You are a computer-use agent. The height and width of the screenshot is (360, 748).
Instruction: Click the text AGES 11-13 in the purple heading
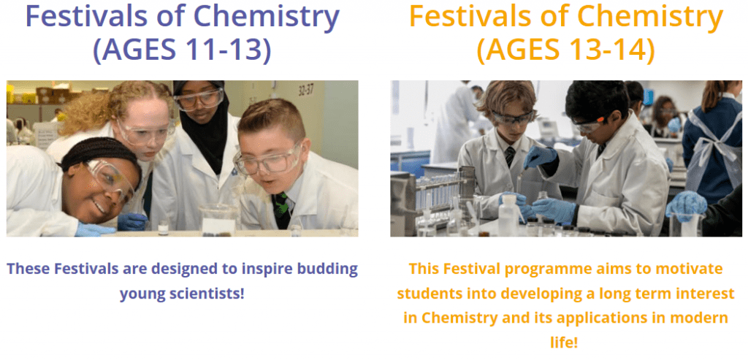click(x=182, y=49)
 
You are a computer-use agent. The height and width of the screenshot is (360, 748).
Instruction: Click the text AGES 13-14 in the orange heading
click(x=566, y=49)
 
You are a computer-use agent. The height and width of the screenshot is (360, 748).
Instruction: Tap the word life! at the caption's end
click(x=566, y=342)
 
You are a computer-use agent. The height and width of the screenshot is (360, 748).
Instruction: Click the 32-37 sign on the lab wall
click(x=306, y=90)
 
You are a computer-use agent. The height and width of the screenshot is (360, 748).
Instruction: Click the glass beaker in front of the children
click(x=218, y=219)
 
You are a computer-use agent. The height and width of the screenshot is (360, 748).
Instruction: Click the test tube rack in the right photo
click(x=439, y=191)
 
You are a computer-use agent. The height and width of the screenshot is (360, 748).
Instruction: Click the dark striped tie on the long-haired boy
click(x=510, y=156)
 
